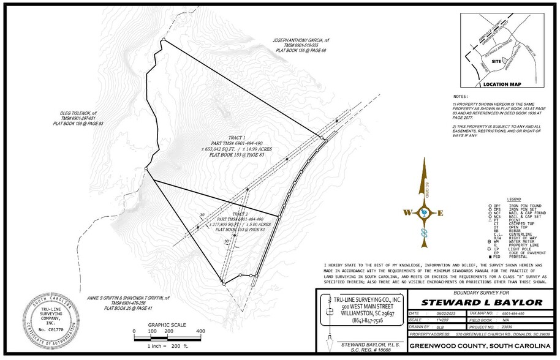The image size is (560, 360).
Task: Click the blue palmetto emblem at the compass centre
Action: (422, 212)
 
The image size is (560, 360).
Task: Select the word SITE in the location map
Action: (497, 62)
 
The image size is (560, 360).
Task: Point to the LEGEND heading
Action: (512, 200)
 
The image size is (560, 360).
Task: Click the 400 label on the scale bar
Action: (200, 331)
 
